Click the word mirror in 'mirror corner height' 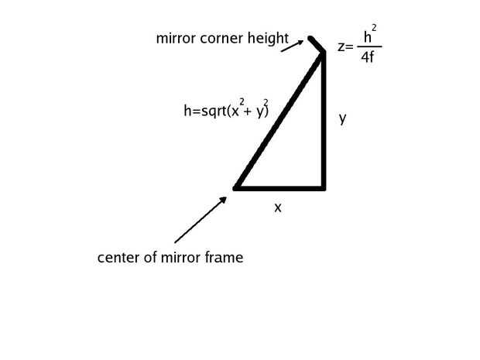point(176,39)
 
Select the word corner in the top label point(221,39)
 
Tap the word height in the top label point(268,39)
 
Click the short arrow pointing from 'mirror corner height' point(292,46)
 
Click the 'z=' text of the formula point(345,46)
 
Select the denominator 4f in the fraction point(367,57)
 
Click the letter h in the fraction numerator point(367,37)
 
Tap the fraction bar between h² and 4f point(369,46)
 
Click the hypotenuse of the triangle point(279,121)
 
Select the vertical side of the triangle point(324,121)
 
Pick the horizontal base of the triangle point(279,188)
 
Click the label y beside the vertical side point(342,118)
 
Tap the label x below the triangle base point(278,207)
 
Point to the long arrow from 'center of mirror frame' point(201,220)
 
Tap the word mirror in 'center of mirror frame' point(180,258)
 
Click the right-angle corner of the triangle point(324,188)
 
